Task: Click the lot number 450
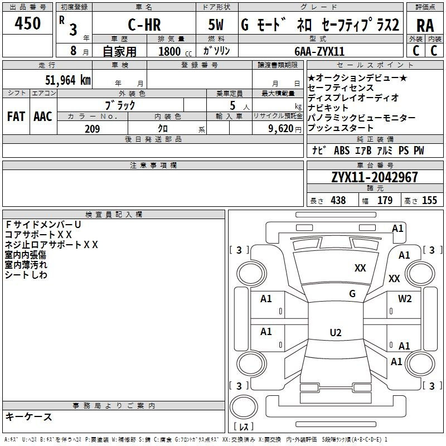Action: (x=27, y=23)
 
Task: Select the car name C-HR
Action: (x=144, y=25)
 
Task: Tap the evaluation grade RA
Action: (x=425, y=26)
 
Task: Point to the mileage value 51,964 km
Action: (x=68, y=80)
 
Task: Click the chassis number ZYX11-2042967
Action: (x=375, y=177)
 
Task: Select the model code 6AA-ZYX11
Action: (x=319, y=51)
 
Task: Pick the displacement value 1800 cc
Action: (x=175, y=51)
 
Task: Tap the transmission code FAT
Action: (x=16, y=117)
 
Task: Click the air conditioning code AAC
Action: (x=43, y=117)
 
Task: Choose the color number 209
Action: (x=92, y=129)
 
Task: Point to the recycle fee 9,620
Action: (x=280, y=129)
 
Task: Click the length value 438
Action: (x=338, y=200)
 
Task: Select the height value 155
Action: (x=429, y=200)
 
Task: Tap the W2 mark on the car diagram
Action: (x=405, y=299)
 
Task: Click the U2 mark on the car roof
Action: (x=336, y=333)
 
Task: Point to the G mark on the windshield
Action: (x=352, y=293)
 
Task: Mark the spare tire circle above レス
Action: (x=244, y=407)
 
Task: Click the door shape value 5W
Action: (x=216, y=25)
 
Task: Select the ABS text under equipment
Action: (x=342, y=151)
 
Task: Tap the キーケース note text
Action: (x=29, y=417)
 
